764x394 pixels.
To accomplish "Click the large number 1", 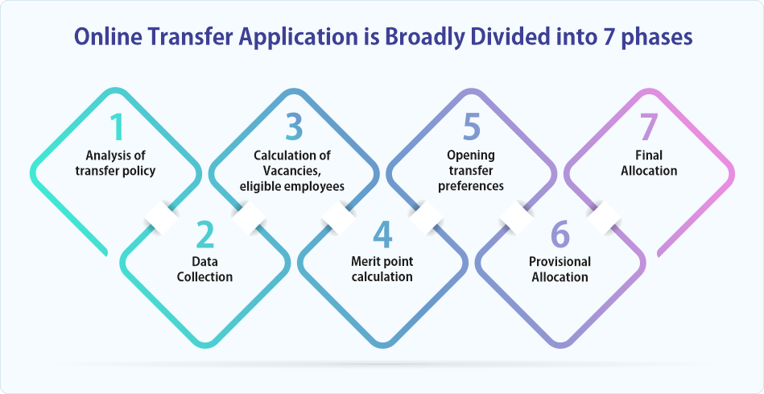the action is (116, 128).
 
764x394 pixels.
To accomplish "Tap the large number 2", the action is (205, 234).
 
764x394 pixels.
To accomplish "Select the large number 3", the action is (294, 128).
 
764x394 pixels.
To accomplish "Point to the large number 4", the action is (382, 234).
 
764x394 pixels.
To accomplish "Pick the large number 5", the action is (472, 128).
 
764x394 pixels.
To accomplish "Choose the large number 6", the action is (560, 234).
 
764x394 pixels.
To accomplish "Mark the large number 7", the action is (649, 128).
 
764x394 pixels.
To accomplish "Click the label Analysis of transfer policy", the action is (115, 164).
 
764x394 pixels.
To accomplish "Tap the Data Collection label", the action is (204, 269).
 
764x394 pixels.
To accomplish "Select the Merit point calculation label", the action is (382, 269).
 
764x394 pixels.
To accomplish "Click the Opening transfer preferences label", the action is (471, 171).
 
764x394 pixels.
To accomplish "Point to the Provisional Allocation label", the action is (560, 269).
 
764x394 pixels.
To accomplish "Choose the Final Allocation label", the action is (649, 164).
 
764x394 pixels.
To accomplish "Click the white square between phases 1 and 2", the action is (161, 218).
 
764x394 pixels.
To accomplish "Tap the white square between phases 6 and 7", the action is (604, 218).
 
